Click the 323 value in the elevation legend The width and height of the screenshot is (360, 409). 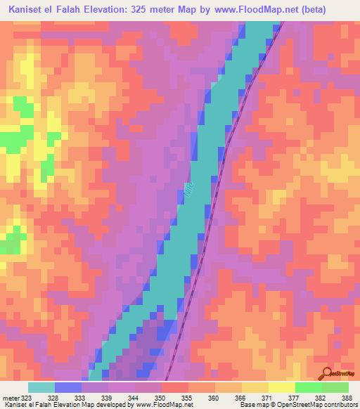[x=24, y=397]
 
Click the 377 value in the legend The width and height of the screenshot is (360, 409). [x=288, y=397]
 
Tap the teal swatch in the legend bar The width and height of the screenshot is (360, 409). [x=41, y=387]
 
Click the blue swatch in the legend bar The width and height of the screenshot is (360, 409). [x=68, y=387]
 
